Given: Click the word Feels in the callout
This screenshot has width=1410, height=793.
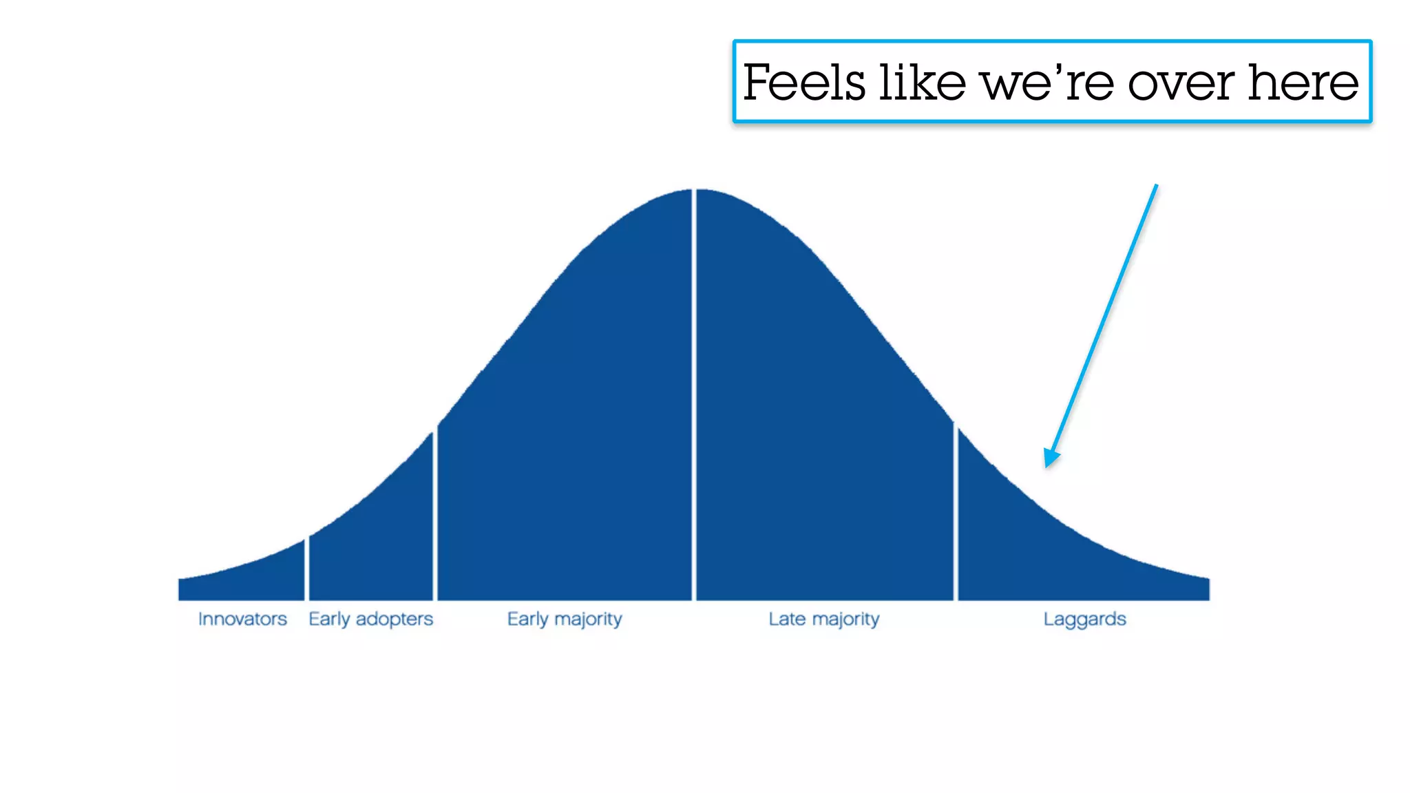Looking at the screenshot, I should pyautogui.click(x=804, y=83).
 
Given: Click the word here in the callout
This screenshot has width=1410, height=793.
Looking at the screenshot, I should pyautogui.click(x=1303, y=83).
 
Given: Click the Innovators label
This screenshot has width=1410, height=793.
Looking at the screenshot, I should pyautogui.click(x=242, y=619).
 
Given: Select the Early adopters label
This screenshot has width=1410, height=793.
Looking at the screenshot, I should pyautogui.click(x=370, y=619).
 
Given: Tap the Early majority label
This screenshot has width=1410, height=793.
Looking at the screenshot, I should pyautogui.click(x=565, y=619).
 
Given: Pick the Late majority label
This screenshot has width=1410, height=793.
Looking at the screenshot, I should pyautogui.click(x=824, y=619).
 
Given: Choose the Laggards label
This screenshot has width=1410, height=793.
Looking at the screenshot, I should pyautogui.click(x=1084, y=619).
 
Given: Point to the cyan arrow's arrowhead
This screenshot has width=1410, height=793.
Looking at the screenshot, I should pyautogui.click(x=1050, y=458).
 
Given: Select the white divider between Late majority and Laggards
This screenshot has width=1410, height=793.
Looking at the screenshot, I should pyautogui.click(x=956, y=513).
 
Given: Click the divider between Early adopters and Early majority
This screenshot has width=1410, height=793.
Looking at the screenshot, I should pyautogui.click(x=435, y=516).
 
